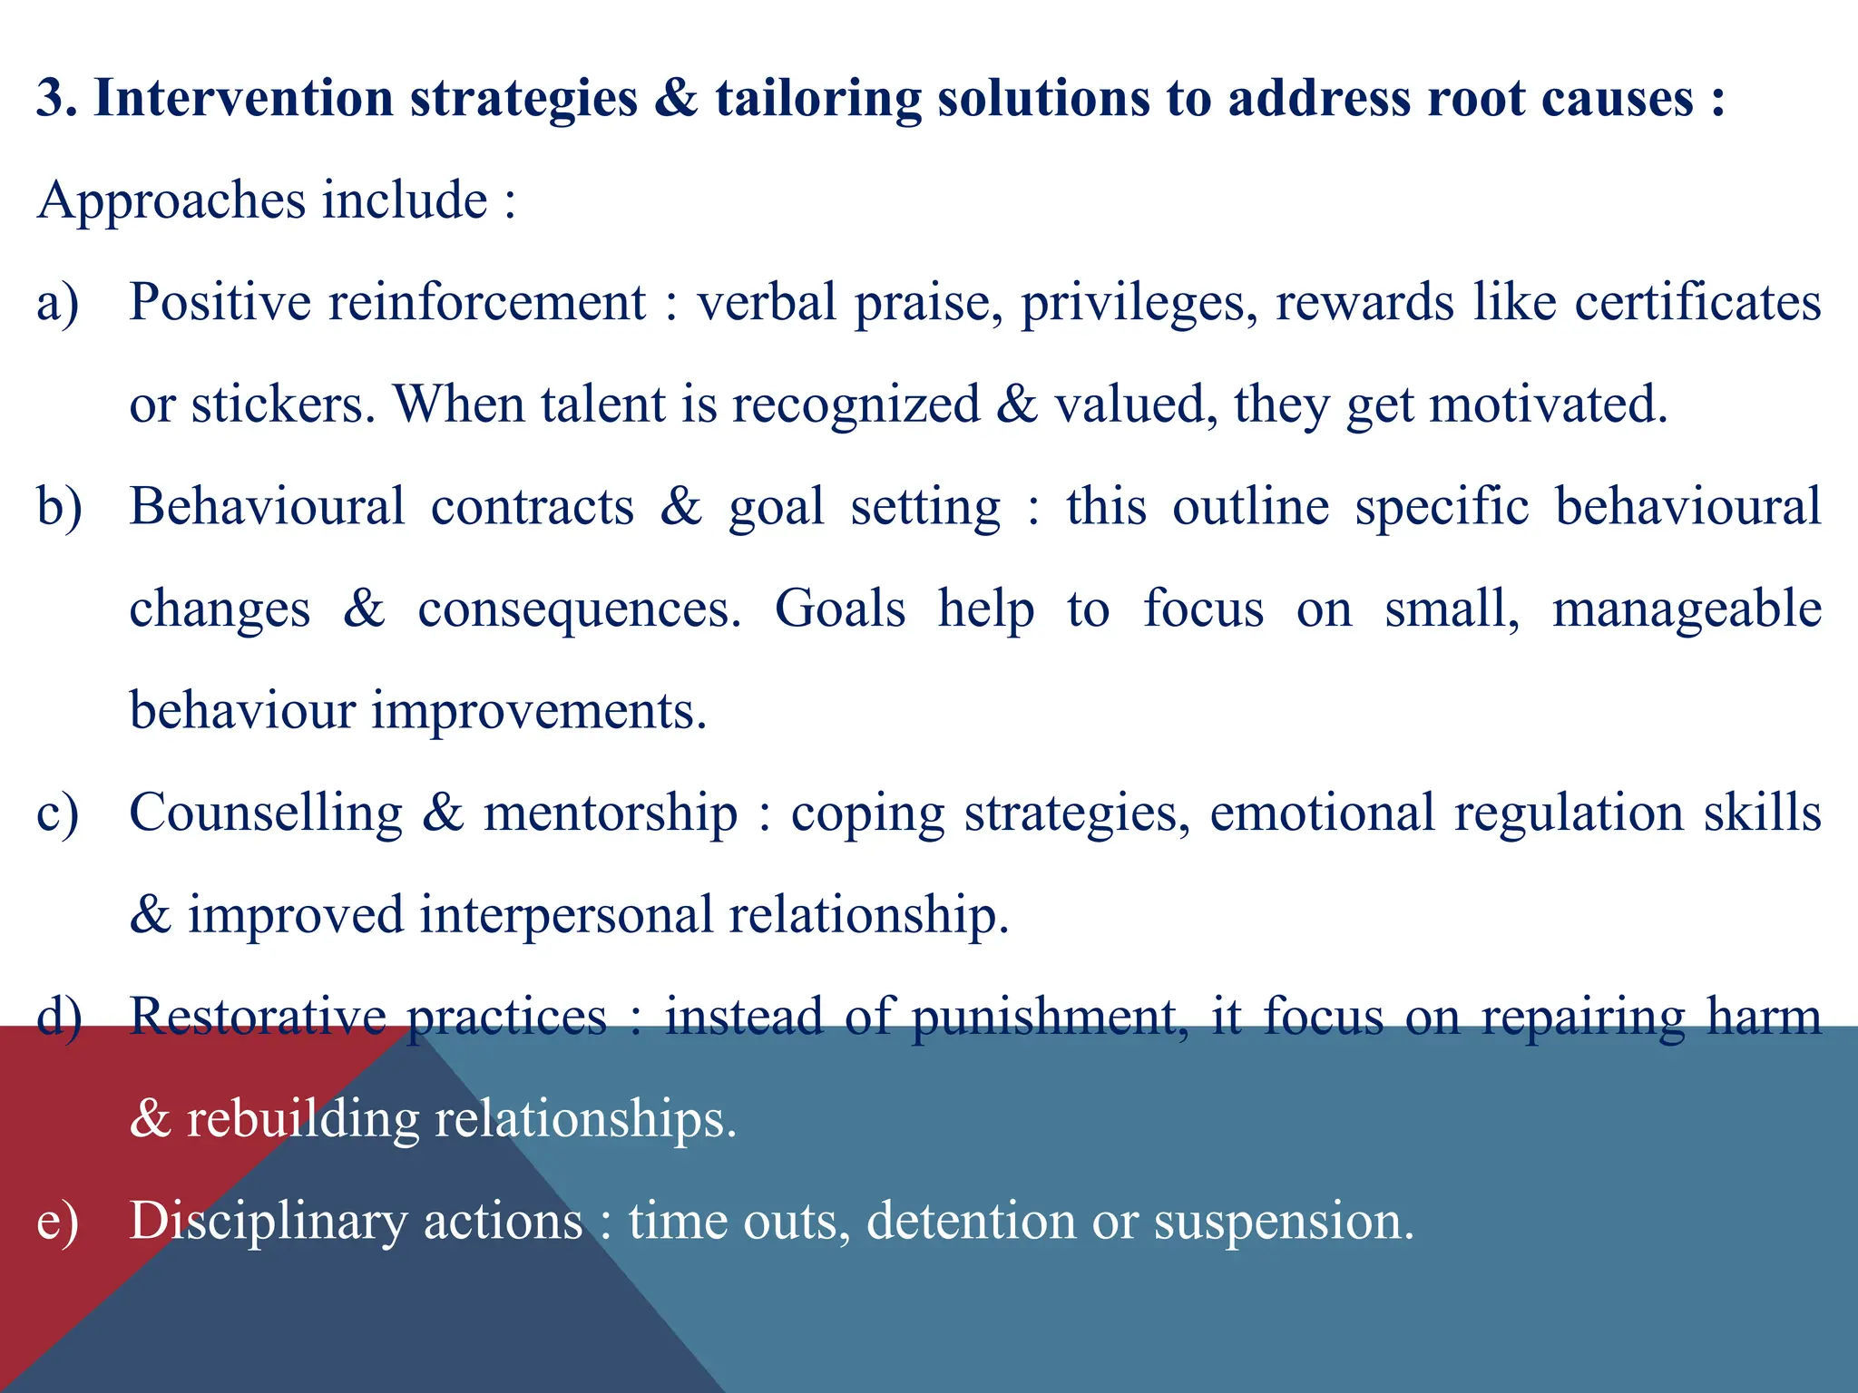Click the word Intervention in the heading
click(x=243, y=99)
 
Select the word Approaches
click(x=171, y=201)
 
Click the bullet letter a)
click(x=57, y=302)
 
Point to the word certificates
click(x=1697, y=302)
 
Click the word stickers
click(x=283, y=404)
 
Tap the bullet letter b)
click(x=59, y=506)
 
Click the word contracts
click(x=533, y=506)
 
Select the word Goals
click(x=840, y=609)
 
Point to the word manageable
click(x=1687, y=609)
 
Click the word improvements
click(x=539, y=710)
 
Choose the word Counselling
click(x=266, y=813)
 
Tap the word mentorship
click(x=611, y=813)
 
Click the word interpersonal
click(x=566, y=914)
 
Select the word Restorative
click(x=258, y=1016)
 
